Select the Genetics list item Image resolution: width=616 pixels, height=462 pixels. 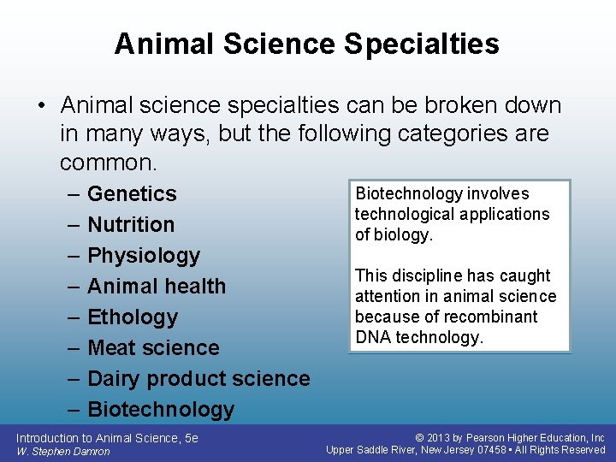pos(132,194)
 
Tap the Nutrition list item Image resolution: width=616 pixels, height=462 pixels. pos(131,225)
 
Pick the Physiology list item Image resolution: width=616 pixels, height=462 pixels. pos(144,256)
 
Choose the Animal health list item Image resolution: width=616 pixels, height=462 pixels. pos(157,287)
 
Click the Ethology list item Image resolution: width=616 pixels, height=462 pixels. pos(133,317)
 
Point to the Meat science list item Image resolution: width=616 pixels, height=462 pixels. pos(153,348)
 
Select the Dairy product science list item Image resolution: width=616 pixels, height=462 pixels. pos(198,379)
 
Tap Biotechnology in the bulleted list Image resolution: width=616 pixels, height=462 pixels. pos(161,410)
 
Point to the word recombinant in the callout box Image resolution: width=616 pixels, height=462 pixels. pos(495,317)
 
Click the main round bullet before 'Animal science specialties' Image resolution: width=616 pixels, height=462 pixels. pos(42,106)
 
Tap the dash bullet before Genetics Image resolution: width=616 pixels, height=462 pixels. pos(73,194)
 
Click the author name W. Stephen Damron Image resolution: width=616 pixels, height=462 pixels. pos(62,452)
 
